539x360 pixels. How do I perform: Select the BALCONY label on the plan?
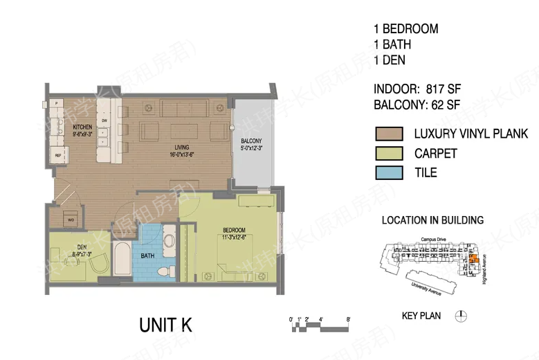(x=250, y=143)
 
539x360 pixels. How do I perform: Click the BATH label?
(x=147, y=255)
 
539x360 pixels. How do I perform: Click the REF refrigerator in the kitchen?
(x=58, y=155)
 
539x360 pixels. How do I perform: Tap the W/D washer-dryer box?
(x=71, y=220)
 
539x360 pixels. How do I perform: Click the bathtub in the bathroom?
(x=123, y=260)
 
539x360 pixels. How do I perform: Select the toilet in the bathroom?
(x=165, y=270)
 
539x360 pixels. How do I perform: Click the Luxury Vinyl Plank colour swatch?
(x=389, y=134)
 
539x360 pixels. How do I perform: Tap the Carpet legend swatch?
(x=389, y=153)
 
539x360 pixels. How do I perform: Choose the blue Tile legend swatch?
(x=389, y=172)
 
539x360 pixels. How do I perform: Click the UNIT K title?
(x=165, y=324)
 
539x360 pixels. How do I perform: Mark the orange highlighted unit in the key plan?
(x=473, y=260)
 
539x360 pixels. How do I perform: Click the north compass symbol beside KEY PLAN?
(x=461, y=316)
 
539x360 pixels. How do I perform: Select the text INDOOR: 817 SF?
(x=417, y=89)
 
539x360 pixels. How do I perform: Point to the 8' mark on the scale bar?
(x=348, y=319)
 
